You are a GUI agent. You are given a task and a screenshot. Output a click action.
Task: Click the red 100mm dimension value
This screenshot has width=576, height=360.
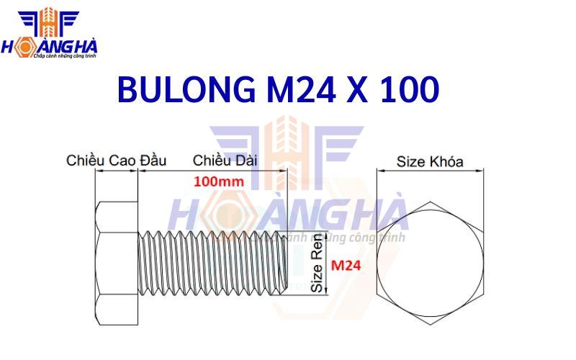pyautogui.click(x=217, y=181)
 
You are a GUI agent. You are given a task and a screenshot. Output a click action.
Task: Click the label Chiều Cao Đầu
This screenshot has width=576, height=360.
pyautogui.click(x=116, y=160)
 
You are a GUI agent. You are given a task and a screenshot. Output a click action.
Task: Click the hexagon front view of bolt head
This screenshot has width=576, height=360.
pyautogui.click(x=431, y=261)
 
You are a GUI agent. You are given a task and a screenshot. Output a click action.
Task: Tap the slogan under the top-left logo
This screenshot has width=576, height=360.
pyautogui.click(x=65, y=55)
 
